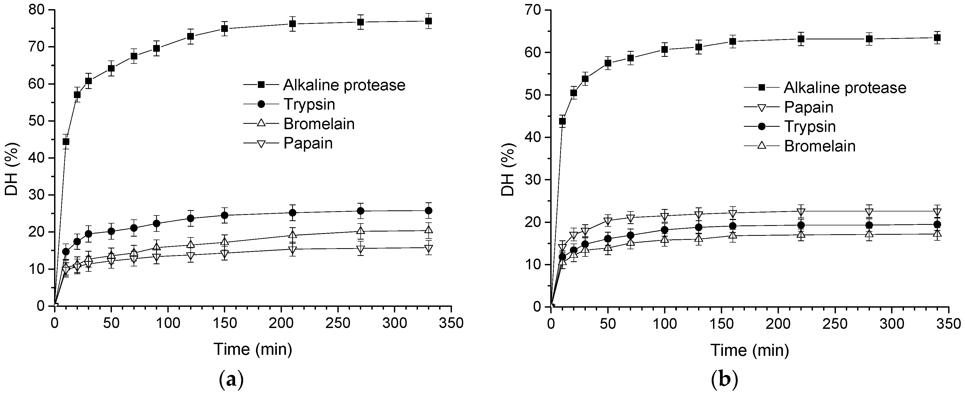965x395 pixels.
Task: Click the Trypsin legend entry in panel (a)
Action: click(309, 105)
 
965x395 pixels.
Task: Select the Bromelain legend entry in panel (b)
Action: click(820, 146)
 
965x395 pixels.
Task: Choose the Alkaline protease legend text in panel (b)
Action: click(845, 88)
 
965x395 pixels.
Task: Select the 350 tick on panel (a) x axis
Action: click(451, 323)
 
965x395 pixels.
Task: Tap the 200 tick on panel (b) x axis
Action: click(778, 324)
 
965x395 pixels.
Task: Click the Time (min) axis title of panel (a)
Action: click(253, 349)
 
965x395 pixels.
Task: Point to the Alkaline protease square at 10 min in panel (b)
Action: click(562, 121)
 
